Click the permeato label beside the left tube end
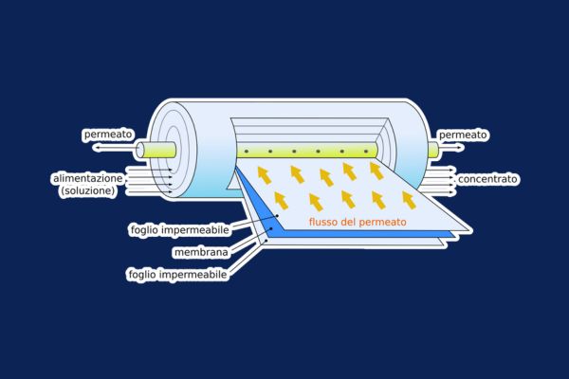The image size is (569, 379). (108, 135)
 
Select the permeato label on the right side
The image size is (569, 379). (463, 135)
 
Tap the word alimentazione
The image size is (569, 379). (88, 178)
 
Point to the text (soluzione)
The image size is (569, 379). (88, 190)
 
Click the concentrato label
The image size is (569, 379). (487, 179)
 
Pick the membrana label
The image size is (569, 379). (201, 252)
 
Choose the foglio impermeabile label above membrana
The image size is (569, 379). (180, 230)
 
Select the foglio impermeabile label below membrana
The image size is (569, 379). (178, 274)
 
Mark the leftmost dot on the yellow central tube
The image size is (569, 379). (247, 152)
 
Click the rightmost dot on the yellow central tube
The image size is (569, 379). (366, 152)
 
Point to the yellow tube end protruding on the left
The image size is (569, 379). (156, 150)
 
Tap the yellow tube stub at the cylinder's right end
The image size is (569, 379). (433, 150)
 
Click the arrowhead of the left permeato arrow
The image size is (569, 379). (96, 148)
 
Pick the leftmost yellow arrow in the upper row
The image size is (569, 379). (265, 174)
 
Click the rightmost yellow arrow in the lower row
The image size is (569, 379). (409, 200)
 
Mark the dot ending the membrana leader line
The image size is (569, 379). (271, 229)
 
